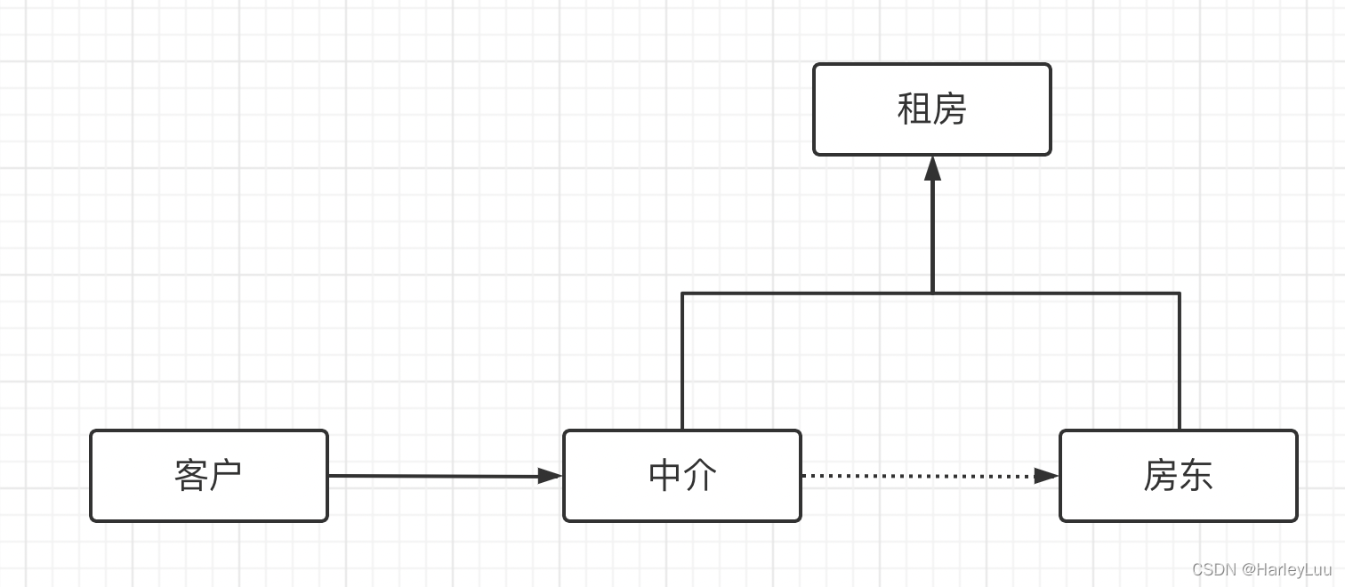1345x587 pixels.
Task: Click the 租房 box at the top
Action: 931,109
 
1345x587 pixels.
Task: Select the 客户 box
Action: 209,476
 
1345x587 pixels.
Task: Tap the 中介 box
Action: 682,476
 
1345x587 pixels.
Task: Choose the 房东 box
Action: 1178,476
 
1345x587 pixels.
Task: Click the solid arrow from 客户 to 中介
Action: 436,476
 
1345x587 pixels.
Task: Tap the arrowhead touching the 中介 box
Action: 552,476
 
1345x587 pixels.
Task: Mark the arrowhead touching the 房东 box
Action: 1047,476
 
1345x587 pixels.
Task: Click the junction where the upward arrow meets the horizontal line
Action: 932,293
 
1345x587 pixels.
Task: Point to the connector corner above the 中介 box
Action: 682,293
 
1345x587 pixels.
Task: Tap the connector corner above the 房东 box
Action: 1180,293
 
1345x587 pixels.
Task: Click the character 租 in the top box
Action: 914,109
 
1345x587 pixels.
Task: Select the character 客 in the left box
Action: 191,476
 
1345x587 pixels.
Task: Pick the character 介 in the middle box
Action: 700,476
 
